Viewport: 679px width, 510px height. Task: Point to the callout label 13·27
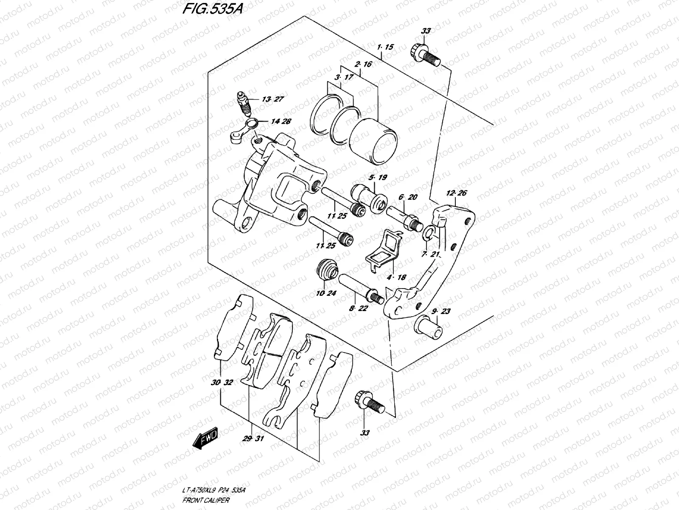tap(272, 99)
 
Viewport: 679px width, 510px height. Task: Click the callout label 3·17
tap(343, 78)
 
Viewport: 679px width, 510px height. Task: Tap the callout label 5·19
tap(378, 178)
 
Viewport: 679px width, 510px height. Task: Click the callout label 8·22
tap(358, 309)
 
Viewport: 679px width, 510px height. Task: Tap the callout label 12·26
tap(456, 194)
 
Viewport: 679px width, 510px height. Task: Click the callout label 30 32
tap(222, 382)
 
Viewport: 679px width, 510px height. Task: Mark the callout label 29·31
tap(253, 438)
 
